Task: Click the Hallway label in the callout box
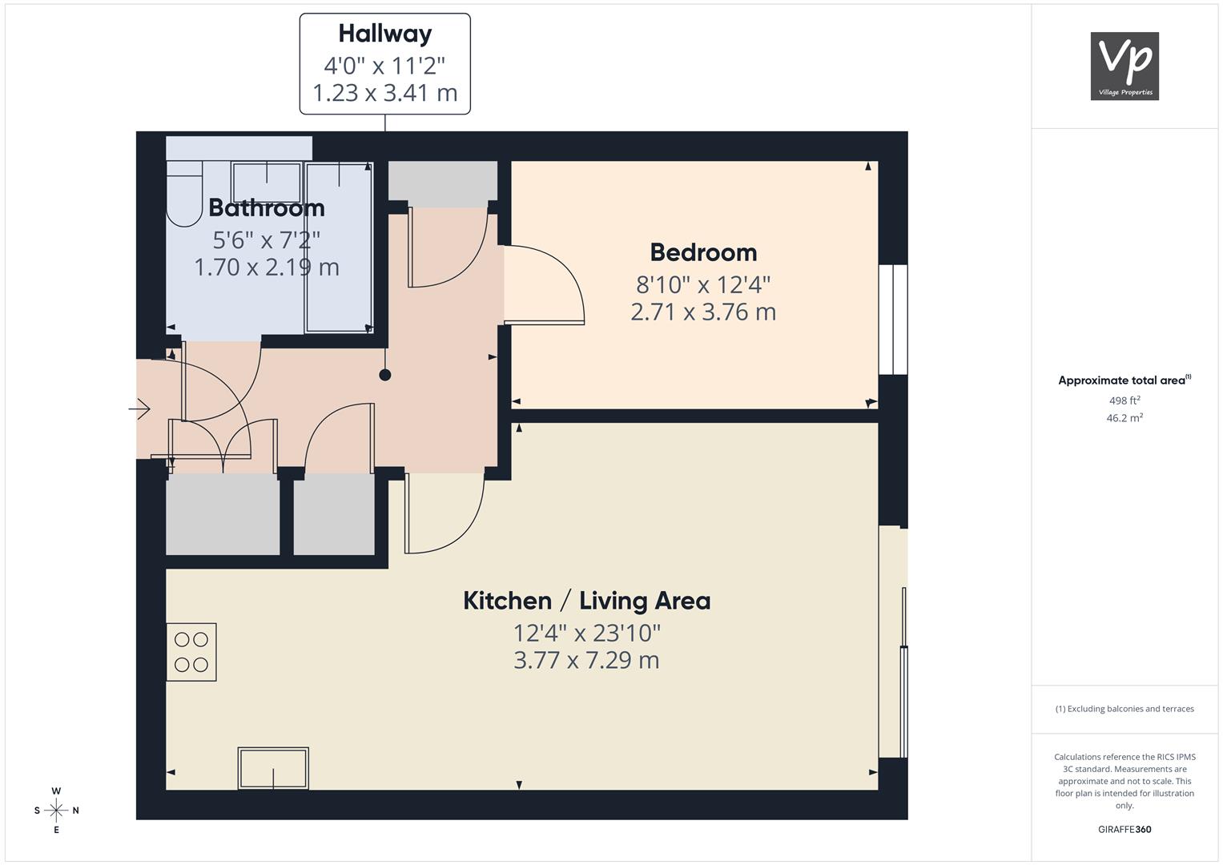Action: click(385, 34)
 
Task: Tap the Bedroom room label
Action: click(703, 252)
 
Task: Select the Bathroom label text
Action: click(267, 208)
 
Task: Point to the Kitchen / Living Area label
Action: click(587, 601)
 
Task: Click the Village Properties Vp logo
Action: click(1124, 66)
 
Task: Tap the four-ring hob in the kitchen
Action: click(191, 652)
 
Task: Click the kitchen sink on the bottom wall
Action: click(273, 768)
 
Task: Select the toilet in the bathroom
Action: click(184, 194)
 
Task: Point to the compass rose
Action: click(56, 811)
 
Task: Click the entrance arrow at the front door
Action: click(140, 408)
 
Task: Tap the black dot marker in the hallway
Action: click(385, 375)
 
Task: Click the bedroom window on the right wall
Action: click(893, 320)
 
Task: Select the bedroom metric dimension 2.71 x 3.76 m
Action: click(703, 312)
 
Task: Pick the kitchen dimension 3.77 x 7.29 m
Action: click(586, 660)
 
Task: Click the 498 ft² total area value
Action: click(1124, 400)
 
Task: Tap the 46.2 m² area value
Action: click(1124, 418)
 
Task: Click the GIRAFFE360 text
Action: click(1124, 829)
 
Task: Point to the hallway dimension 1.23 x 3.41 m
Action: click(385, 93)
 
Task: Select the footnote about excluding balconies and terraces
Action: click(1124, 709)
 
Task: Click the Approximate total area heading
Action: click(1124, 380)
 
